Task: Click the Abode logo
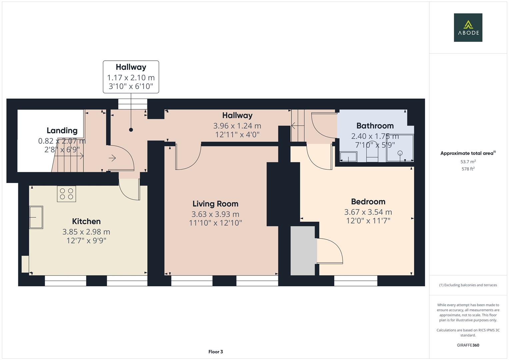[x=468, y=27]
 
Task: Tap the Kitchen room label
[x=86, y=221]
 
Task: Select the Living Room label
[x=215, y=204]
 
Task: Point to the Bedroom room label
[x=368, y=202]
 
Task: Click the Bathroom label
[x=375, y=126]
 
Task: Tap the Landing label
[x=62, y=130]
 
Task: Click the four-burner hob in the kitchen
[x=66, y=194]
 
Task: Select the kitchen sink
[x=36, y=217]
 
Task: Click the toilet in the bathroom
[x=372, y=153]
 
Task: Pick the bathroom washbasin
[x=348, y=157]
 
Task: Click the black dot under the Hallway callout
[x=131, y=130]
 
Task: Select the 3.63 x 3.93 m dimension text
[x=215, y=214]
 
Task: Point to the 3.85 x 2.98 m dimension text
[x=86, y=232]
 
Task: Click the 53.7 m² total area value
[x=468, y=162]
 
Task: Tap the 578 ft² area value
[x=468, y=169]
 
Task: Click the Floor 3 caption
[x=216, y=352]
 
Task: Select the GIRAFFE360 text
[x=468, y=345]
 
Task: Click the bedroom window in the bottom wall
[x=356, y=281]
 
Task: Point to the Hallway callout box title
[x=131, y=67]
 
